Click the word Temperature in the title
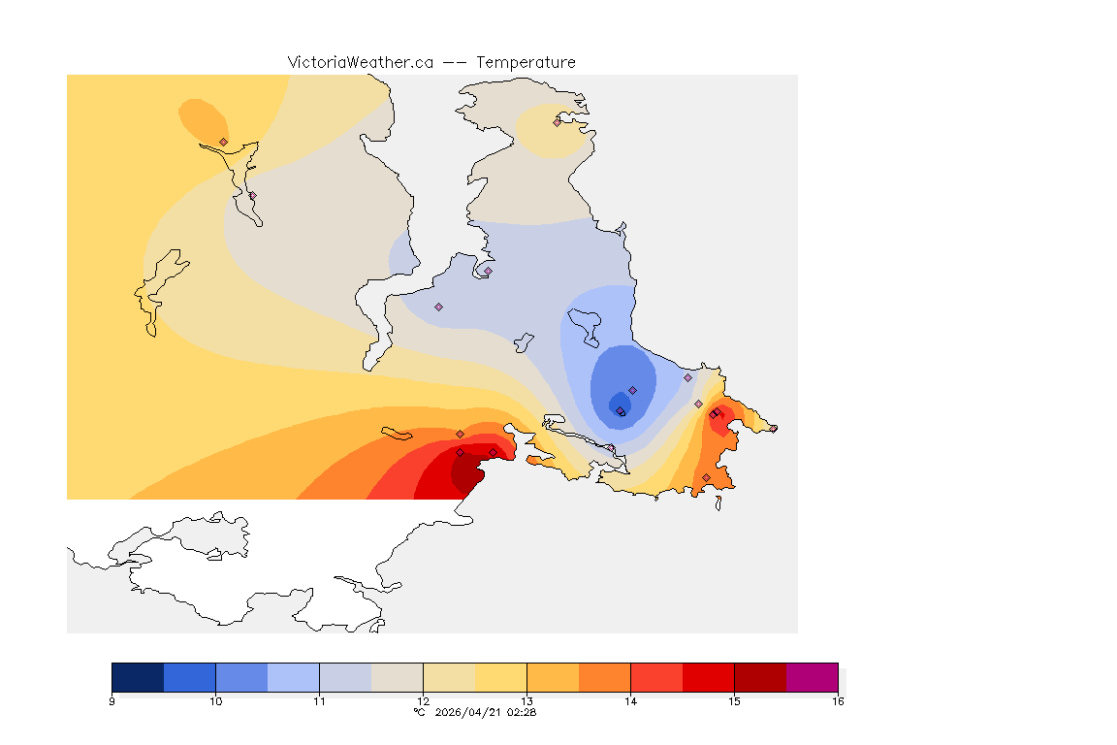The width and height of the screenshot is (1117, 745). tap(526, 62)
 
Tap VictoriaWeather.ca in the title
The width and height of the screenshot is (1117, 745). tap(360, 62)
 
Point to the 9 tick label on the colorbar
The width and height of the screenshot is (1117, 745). tap(112, 700)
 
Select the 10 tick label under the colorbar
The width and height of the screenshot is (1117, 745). tap(215, 700)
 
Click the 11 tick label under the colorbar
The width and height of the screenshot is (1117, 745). tap(319, 700)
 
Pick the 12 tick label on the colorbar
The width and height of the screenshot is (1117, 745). tap(423, 700)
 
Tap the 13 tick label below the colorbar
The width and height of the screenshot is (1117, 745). tap(527, 700)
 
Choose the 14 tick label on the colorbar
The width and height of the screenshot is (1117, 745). tap(630, 700)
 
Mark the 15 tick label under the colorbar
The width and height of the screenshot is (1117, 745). tap(734, 700)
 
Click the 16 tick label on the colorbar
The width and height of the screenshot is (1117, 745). tap(837, 700)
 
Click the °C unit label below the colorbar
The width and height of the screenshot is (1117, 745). tap(419, 712)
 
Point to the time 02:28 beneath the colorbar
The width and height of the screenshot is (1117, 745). tap(523, 712)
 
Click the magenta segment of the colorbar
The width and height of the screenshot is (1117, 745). tap(812, 677)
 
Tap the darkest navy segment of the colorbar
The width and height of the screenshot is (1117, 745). tap(138, 677)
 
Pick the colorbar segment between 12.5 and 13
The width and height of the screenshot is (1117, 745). tap(500, 677)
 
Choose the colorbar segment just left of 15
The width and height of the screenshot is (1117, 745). tap(708, 677)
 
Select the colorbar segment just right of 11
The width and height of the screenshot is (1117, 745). tap(345, 677)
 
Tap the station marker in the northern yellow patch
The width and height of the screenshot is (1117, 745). tap(557, 122)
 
